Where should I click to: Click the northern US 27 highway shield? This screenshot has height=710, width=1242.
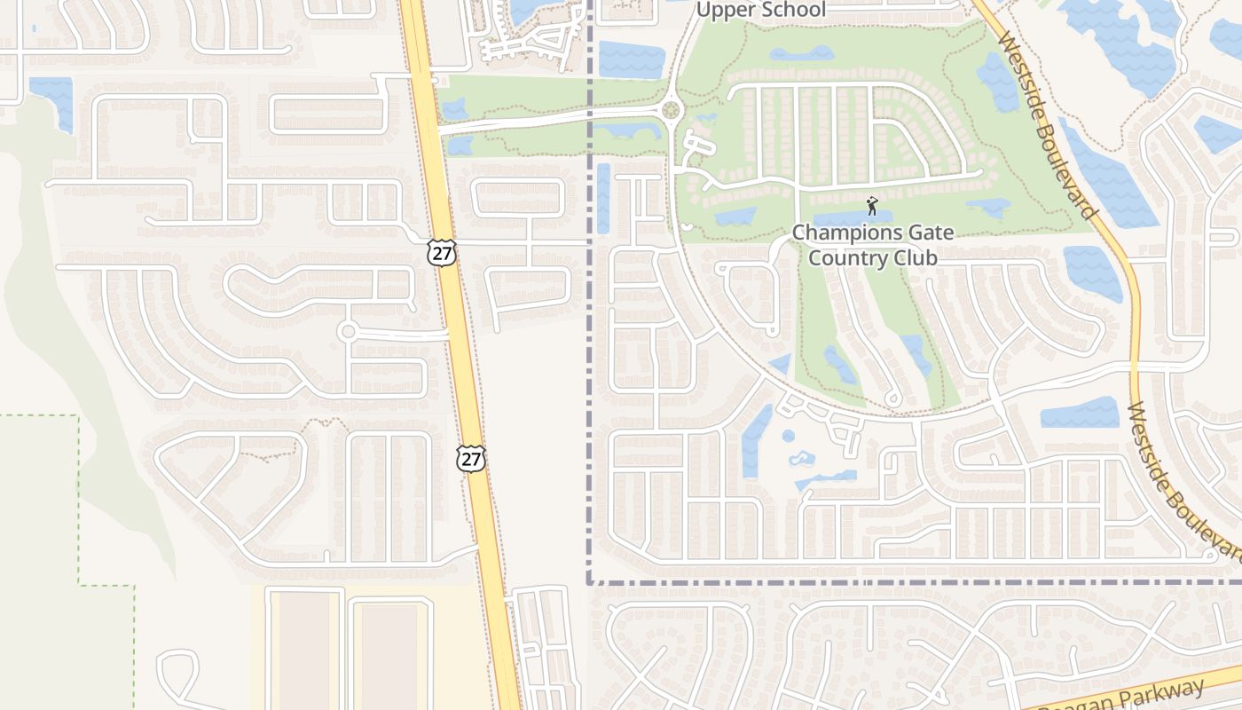[x=441, y=252]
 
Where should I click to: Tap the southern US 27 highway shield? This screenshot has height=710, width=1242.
[x=471, y=458]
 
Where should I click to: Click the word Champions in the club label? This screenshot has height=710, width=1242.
[x=841, y=233]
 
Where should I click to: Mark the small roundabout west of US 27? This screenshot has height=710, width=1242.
[x=348, y=332]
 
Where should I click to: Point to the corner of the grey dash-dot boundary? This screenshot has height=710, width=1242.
[x=589, y=582]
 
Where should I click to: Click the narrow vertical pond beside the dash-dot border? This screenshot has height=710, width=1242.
[x=603, y=198]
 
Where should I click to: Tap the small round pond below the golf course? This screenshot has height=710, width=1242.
[x=788, y=436]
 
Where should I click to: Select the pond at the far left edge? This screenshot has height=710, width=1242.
[x=51, y=99]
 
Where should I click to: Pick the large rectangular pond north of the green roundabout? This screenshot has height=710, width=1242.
[x=631, y=59]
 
